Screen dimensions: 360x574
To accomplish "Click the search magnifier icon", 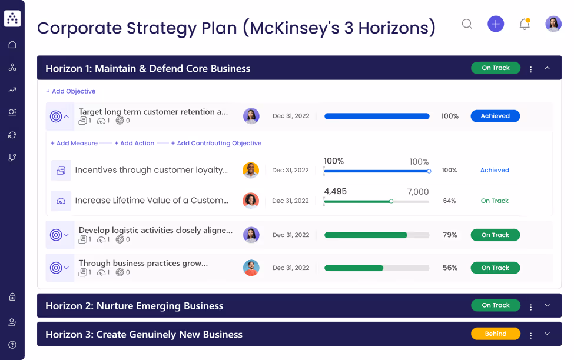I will pos(467,24).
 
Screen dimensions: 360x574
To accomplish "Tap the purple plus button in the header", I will pos(496,24).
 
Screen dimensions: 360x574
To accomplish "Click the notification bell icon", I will pos(524,24).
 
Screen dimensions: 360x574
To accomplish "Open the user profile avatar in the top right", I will pos(553,24).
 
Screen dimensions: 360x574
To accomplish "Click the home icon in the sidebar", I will pos(12,45).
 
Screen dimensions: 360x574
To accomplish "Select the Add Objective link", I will pos(71,91).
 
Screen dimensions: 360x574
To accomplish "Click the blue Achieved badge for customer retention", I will pos(495,116).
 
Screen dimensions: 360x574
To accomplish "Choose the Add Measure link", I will pos(74,143).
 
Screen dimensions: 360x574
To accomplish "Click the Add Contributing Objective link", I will pos(216,143).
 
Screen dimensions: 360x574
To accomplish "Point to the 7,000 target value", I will pos(417,192).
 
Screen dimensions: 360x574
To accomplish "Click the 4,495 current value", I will pos(335,192).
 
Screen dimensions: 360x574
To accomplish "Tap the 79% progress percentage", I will pos(450,235).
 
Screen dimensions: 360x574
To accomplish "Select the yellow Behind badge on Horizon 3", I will pos(496,334).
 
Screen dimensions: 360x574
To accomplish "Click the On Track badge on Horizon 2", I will pos(496,305).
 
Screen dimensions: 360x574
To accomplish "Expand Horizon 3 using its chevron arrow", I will pos(547,334).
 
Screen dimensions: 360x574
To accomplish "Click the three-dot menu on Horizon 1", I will pos(531,69).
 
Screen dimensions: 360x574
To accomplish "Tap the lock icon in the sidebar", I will pos(12,297).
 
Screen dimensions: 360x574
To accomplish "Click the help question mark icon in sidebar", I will pos(12,345).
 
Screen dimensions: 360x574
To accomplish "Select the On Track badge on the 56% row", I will pos(495,268).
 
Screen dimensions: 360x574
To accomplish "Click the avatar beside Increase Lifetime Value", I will pos(251,201).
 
